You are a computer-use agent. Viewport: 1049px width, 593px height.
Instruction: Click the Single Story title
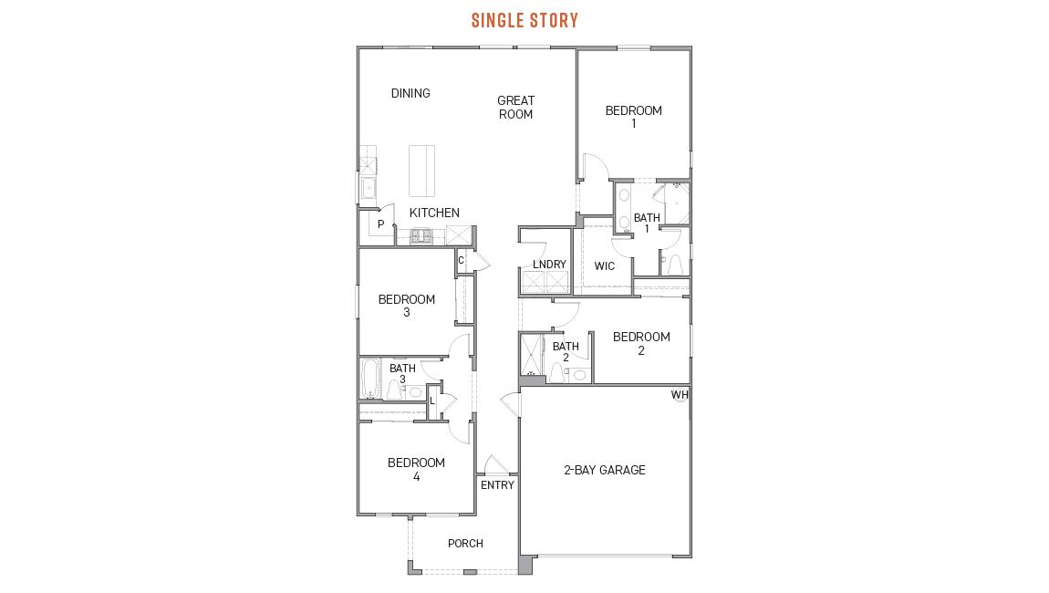pyautogui.click(x=524, y=20)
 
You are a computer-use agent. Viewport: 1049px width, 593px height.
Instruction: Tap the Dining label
pyautogui.click(x=410, y=93)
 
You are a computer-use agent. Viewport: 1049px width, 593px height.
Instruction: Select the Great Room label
pyautogui.click(x=515, y=108)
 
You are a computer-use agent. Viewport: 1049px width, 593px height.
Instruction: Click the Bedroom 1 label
pyautogui.click(x=633, y=117)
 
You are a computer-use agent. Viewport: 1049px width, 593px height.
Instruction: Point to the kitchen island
pyautogui.click(x=421, y=171)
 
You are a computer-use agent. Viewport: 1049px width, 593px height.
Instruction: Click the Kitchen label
pyautogui.click(x=434, y=213)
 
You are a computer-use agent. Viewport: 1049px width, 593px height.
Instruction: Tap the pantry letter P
pyautogui.click(x=380, y=224)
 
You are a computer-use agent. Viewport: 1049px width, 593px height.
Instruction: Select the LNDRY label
pyautogui.click(x=549, y=265)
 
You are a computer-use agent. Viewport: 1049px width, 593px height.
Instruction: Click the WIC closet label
pyautogui.click(x=604, y=266)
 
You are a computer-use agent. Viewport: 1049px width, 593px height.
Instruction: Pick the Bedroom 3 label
pyautogui.click(x=407, y=306)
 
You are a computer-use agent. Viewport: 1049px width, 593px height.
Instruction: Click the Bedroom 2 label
pyautogui.click(x=641, y=343)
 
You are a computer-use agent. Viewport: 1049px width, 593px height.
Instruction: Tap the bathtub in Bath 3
pyautogui.click(x=370, y=379)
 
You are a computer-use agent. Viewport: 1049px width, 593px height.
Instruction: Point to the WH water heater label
pyautogui.click(x=680, y=395)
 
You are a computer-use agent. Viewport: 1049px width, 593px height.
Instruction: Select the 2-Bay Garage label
pyautogui.click(x=604, y=470)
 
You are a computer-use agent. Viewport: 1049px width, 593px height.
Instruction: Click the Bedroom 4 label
pyautogui.click(x=416, y=469)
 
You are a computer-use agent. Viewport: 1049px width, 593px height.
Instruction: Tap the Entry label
pyautogui.click(x=497, y=485)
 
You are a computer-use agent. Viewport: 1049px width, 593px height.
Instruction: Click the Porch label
pyautogui.click(x=465, y=544)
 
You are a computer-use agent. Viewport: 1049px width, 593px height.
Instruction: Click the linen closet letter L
pyautogui.click(x=432, y=401)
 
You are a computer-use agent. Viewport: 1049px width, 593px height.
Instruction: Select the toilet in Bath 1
pyautogui.click(x=675, y=265)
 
